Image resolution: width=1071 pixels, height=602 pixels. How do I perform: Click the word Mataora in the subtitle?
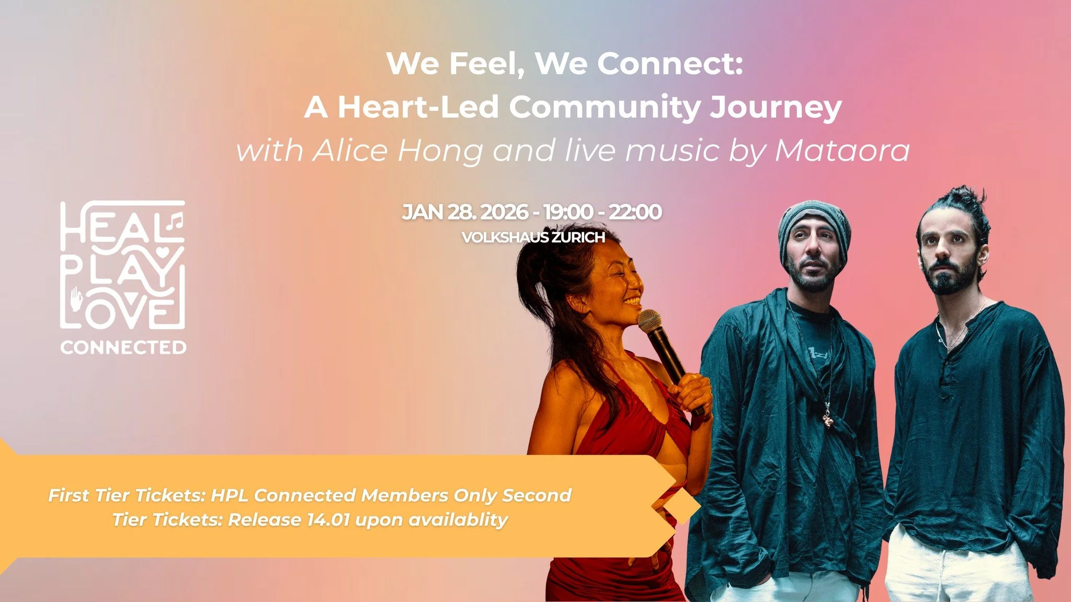[842, 150]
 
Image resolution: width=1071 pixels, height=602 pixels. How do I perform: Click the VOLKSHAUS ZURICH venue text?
[533, 237]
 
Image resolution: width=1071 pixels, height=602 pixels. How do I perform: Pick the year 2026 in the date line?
[504, 212]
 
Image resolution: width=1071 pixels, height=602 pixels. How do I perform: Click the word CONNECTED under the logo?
[123, 348]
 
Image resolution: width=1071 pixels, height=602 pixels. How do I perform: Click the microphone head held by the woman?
[650, 320]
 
